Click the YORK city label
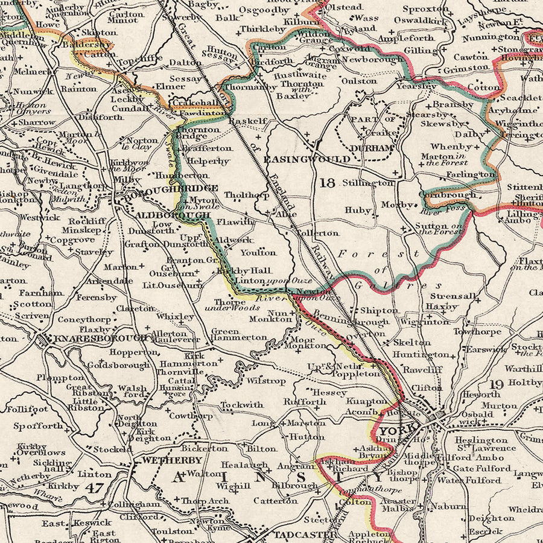coord(397,430)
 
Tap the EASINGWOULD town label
coord(306,159)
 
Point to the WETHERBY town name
coord(172,460)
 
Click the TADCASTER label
coord(303,535)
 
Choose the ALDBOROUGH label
coord(173,215)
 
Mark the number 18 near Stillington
coord(326,183)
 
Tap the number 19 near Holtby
coord(497,384)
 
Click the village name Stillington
coord(368,182)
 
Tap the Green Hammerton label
coord(239,334)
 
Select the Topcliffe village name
coord(140,62)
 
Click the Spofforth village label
coord(38,425)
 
